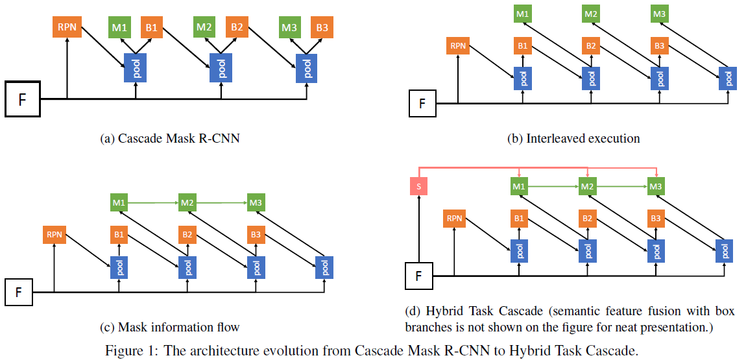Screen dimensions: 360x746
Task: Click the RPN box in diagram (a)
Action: click(x=67, y=28)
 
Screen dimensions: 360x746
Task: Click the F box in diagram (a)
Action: click(x=23, y=99)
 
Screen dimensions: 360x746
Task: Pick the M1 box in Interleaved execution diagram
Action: click(x=523, y=13)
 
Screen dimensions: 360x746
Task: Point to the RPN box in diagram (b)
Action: click(x=458, y=46)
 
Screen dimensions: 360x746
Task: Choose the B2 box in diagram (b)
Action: click(x=590, y=46)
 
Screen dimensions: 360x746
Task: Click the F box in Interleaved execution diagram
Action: click(x=422, y=104)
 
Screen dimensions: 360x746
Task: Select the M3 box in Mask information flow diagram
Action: click(x=256, y=203)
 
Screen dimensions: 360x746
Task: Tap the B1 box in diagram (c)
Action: click(x=119, y=234)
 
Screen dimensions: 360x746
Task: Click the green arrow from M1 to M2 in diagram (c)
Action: click(x=153, y=203)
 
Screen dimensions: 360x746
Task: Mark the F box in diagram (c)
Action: click(x=19, y=292)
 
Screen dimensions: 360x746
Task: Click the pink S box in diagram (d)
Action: click(x=419, y=187)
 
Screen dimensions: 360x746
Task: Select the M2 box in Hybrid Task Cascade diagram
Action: click(x=587, y=187)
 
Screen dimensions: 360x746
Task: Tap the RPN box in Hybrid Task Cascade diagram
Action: click(x=454, y=219)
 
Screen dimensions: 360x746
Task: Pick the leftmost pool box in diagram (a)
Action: click(x=136, y=67)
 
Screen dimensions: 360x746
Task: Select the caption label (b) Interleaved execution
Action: click(x=573, y=138)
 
